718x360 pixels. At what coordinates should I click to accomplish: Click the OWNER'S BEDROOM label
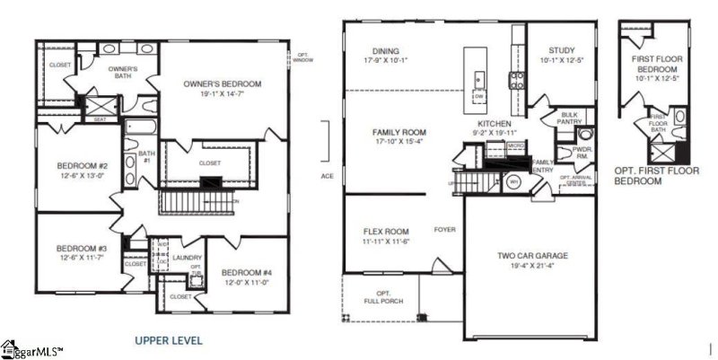click(x=222, y=83)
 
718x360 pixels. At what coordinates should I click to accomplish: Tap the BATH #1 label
click(x=145, y=157)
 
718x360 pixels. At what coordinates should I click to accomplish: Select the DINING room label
click(x=386, y=51)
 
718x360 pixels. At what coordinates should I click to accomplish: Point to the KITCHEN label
click(x=495, y=123)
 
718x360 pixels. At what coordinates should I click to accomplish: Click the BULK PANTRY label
click(x=569, y=118)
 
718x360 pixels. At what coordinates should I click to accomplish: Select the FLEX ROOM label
click(x=386, y=230)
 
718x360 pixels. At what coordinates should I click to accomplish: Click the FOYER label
click(x=445, y=230)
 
